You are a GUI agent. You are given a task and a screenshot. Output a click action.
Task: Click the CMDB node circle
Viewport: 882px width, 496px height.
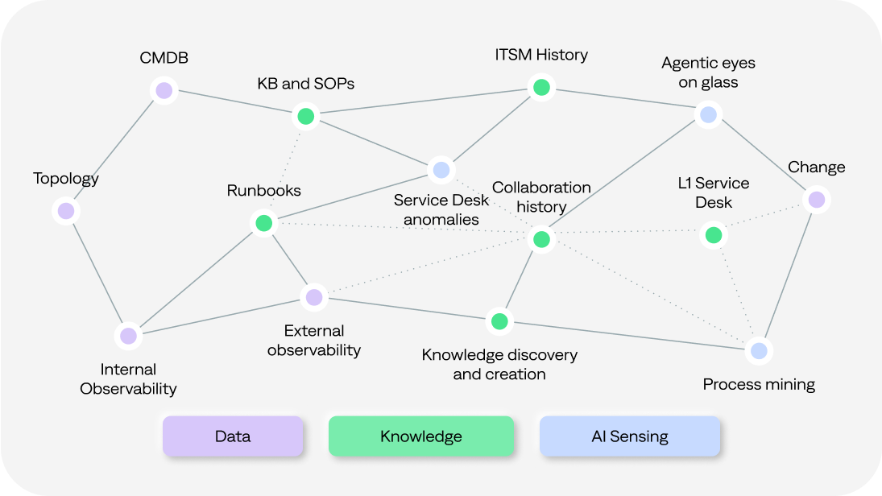[x=164, y=90]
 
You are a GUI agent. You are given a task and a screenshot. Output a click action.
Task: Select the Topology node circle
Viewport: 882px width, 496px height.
[x=66, y=211]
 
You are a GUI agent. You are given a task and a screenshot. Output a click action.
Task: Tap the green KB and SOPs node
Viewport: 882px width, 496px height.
[x=305, y=116]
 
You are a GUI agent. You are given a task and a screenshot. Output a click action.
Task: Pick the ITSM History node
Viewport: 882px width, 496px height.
[x=541, y=87]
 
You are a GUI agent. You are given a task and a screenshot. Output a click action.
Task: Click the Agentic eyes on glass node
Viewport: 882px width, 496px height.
[x=708, y=115]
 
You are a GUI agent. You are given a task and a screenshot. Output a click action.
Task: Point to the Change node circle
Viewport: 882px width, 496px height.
[x=817, y=199]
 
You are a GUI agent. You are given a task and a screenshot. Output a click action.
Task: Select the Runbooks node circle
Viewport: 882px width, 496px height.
[x=263, y=223]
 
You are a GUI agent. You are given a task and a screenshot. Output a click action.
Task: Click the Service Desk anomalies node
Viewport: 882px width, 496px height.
[x=441, y=170]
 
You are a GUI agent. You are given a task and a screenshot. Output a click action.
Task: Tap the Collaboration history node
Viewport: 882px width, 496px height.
[x=541, y=239]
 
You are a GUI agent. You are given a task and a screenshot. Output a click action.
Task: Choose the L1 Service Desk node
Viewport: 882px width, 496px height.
[x=713, y=235]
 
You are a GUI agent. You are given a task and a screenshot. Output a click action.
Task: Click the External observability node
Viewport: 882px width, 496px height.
[x=314, y=297]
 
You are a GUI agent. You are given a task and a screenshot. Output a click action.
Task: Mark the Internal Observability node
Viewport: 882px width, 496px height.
[x=128, y=336]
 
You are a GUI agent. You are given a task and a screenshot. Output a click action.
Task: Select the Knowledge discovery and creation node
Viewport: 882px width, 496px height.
[x=499, y=321]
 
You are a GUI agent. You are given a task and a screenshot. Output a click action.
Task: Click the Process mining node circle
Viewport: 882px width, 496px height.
[x=758, y=350]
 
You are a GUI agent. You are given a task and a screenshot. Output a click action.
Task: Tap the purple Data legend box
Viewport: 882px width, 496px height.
[x=233, y=436]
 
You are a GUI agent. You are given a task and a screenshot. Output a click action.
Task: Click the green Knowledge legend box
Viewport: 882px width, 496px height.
[x=420, y=436]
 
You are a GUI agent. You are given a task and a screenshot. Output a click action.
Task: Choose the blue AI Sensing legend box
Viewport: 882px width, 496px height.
[x=629, y=436]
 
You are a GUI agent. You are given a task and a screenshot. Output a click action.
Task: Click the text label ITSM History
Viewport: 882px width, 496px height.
[x=541, y=55]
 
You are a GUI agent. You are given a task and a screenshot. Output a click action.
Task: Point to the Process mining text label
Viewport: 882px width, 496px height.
[x=759, y=384]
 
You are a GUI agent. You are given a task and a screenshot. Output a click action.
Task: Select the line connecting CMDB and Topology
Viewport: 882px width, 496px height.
[x=115, y=151]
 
